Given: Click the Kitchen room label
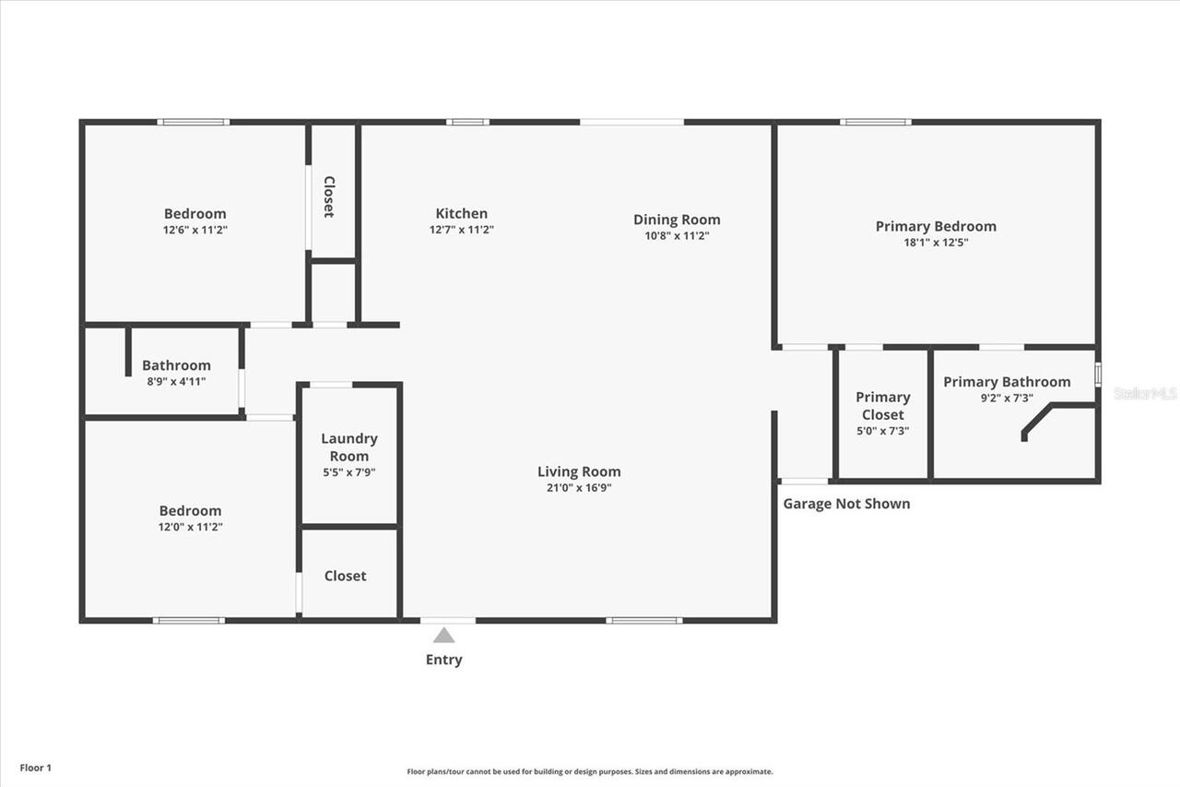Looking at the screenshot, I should tap(462, 214).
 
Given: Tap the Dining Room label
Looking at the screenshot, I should tap(677, 220).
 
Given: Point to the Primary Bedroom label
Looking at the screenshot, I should tap(936, 226).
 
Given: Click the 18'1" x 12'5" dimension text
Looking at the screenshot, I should tap(936, 243).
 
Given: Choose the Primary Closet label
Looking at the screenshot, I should tap(883, 406).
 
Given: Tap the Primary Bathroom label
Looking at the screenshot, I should tap(1007, 382).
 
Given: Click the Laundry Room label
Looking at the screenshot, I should tap(349, 447).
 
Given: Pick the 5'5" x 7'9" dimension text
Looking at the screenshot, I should tap(348, 472).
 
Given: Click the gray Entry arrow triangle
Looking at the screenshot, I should tap(444, 635).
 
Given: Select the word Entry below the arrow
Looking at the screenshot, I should tap(443, 660).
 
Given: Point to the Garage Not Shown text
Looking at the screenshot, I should tap(846, 504).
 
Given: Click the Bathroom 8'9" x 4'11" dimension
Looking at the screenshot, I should tap(176, 381).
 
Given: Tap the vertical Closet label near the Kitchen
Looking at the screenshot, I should tap(329, 197).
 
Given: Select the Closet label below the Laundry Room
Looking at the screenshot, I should tap(346, 576).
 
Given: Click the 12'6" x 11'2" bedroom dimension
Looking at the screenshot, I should tap(195, 230).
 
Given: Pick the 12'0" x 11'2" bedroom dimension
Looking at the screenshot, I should tap(190, 527).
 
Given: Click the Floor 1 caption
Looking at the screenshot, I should tap(36, 768).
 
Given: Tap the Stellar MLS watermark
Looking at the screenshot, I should tap(1146, 393).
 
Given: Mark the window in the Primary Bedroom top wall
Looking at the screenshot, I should tap(876, 122).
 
